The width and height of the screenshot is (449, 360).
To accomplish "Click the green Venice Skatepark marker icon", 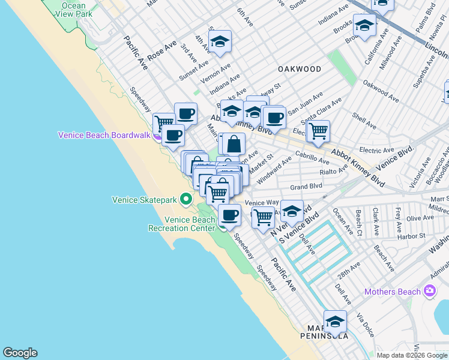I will click(186, 199).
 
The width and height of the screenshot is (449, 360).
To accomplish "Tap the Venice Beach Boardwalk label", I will click(104, 135).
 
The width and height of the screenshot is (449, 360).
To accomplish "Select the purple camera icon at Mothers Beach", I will click(429, 292).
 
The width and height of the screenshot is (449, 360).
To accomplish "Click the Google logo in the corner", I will click(20, 353).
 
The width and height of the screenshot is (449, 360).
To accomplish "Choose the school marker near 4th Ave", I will click(220, 42).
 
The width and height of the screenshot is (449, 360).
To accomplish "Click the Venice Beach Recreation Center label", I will click(181, 224).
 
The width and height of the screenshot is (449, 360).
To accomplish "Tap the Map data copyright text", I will click(412, 355).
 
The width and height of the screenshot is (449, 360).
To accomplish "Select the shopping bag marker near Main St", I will click(235, 144).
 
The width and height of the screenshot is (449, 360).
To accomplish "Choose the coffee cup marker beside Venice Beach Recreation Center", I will click(229, 214).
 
